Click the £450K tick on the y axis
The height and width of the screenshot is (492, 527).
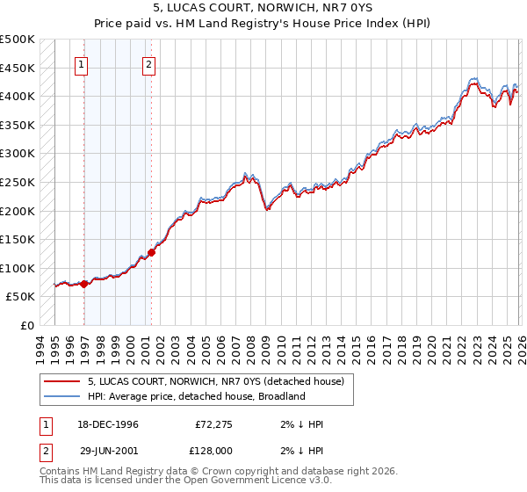click(x=18, y=69)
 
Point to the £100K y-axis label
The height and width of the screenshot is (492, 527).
click(x=18, y=269)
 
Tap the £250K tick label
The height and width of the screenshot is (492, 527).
click(x=18, y=183)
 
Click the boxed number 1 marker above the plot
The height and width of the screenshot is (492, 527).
click(x=82, y=64)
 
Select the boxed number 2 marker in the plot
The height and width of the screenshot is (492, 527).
click(x=149, y=64)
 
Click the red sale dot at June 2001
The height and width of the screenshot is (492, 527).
click(x=151, y=252)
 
